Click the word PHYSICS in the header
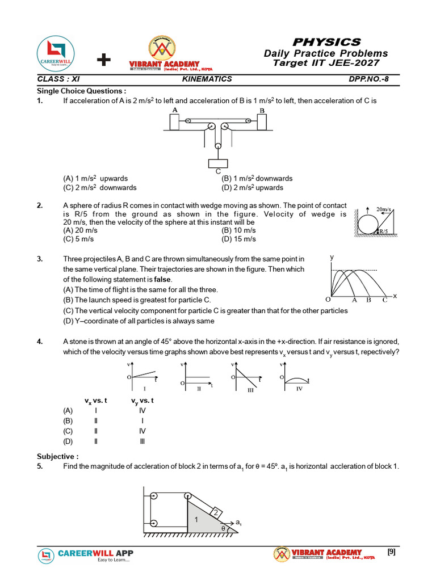[326, 42]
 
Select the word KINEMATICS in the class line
[207, 79]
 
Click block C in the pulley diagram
[218, 163]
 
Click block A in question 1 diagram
[174, 122]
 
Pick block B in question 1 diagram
[262, 122]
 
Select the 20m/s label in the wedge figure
[385, 209]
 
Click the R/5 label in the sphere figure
[383, 231]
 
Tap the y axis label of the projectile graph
[332, 257]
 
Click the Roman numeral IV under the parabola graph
[299, 388]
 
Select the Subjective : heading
[58, 456]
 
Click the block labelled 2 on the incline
[216, 513]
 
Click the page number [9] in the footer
[391, 551]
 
